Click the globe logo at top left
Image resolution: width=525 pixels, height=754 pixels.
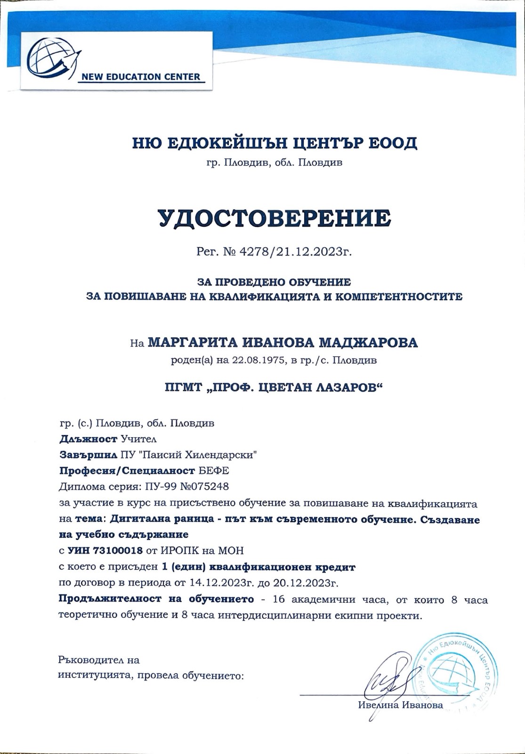point(51,56)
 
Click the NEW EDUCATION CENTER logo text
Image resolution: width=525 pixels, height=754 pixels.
point(141,76)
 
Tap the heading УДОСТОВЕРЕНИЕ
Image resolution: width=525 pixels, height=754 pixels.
point(274,218)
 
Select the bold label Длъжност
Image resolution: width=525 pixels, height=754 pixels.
point(88,439)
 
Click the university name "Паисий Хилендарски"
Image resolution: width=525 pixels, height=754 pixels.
point(213,455)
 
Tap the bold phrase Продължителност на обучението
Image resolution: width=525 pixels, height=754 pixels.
point(156,599)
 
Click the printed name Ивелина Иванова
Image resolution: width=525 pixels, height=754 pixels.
point(400,705)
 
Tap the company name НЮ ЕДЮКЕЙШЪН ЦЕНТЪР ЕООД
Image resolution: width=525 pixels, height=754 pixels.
point(274,142)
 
